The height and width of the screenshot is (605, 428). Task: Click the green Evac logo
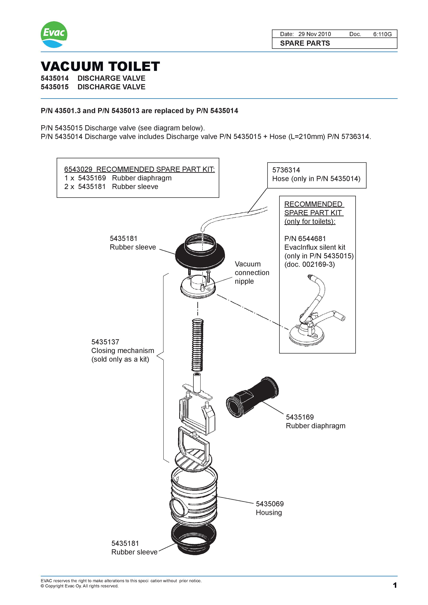tap(54, 34)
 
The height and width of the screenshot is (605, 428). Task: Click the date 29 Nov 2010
tap(314, 34)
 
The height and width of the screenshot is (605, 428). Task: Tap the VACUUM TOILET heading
tap(100, 66)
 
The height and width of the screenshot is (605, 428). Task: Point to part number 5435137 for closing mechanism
tap(105, 342)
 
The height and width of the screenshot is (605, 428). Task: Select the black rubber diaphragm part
tap(252, 397)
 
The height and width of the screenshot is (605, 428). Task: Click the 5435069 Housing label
tap(270, 508)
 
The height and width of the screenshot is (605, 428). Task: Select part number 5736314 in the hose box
tap(286, 170)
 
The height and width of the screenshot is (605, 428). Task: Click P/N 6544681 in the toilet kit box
tap(305, 239)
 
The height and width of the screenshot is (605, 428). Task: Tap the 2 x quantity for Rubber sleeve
tap(69, 187)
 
